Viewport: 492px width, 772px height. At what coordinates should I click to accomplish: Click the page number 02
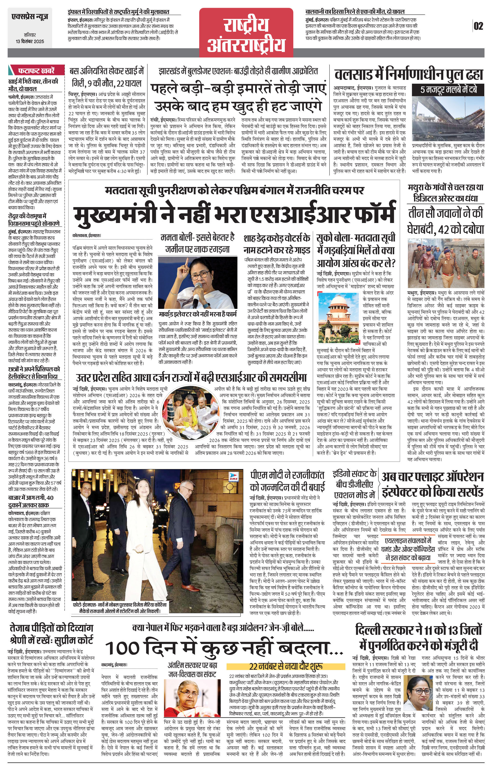point(478,26)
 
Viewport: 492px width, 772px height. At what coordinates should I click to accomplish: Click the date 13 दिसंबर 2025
point(30,41)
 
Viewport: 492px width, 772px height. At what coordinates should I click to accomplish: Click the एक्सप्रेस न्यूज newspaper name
point(29,17)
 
